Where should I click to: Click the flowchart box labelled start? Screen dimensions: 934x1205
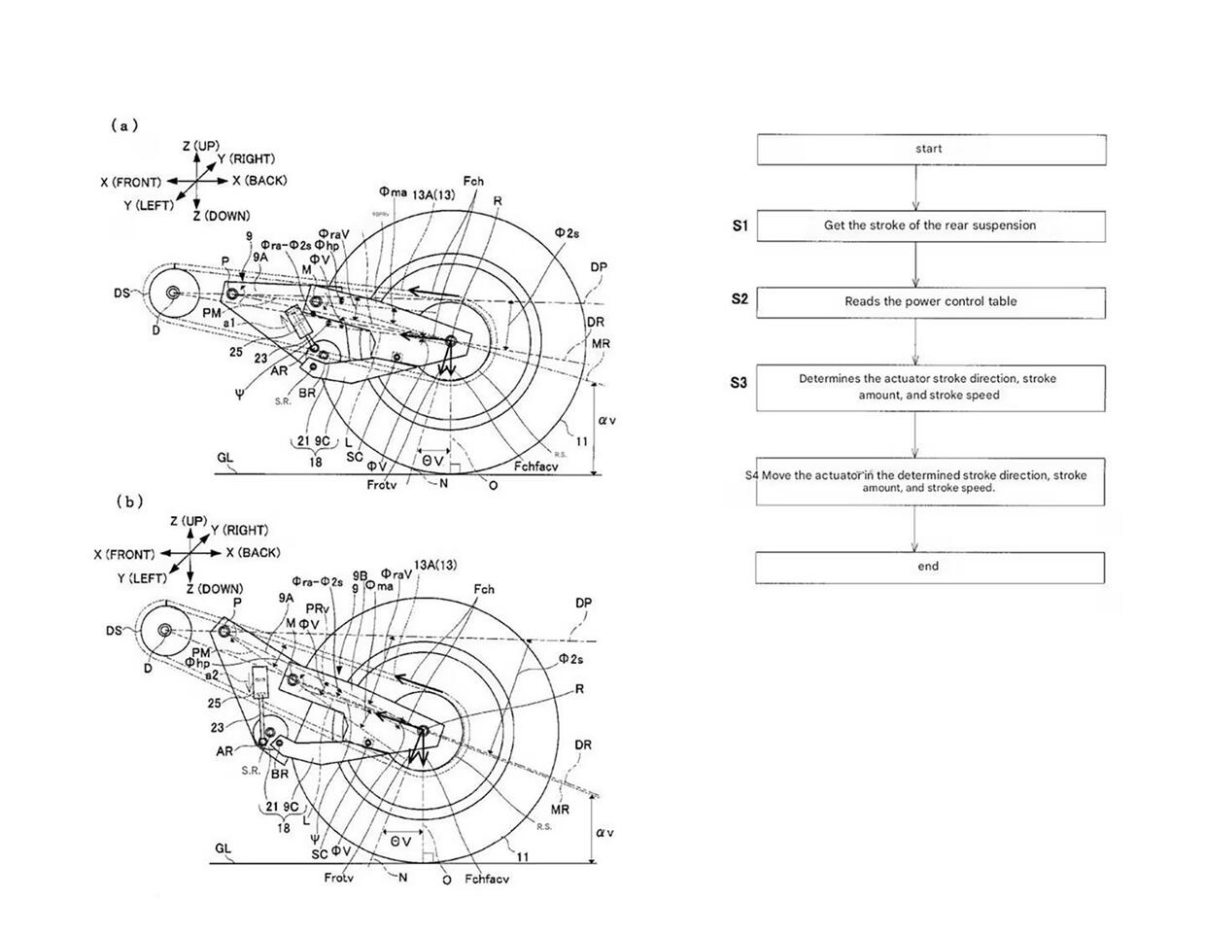click(930, 150)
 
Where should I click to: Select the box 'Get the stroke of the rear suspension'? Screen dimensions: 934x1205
click(930, 225)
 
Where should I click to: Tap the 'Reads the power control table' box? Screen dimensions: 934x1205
click(930, 301)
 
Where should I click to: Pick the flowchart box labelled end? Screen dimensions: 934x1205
click(929, 567)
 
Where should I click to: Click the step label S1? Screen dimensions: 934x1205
click(740, 225)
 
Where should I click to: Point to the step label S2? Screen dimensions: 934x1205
click(740, 299)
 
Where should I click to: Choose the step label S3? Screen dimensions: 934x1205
click(740, 382)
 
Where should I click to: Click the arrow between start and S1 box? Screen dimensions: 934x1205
click(915, 188)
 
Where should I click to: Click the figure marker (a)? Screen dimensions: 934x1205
click(124, 125)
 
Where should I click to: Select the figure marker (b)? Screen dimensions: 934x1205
click(129, 502)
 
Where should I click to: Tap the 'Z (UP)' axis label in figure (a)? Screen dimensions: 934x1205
click(201, 146)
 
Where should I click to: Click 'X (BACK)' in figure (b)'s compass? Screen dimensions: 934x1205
click(253, 553)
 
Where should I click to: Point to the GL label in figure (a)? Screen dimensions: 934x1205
click(225, 457)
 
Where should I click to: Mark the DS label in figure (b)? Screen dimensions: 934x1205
click(115, 631)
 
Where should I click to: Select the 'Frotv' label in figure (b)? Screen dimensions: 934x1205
click(339, 879)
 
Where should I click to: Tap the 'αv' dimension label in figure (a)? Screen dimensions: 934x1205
click(607, 421)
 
